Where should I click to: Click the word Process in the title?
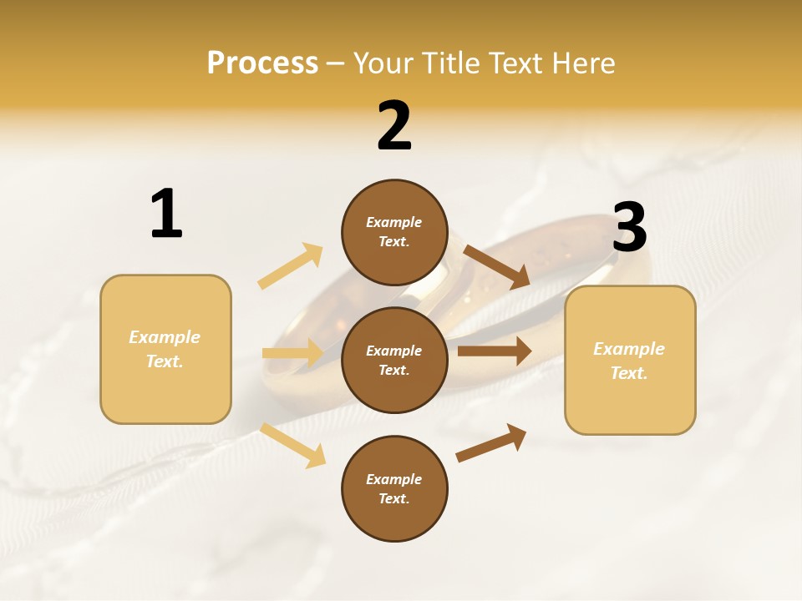(x=262, y=63)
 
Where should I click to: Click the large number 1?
(x=166, y=214)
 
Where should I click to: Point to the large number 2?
(x=394, y=126)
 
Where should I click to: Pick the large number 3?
(x=629, y=227)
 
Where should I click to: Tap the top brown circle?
(x=394, y=232)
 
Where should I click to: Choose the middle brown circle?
(x=394, y=360)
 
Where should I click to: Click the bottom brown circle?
(x=394, y=488)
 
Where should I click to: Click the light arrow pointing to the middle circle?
(x=292, y=353)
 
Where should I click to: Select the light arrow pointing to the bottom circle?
(x=293, y=445)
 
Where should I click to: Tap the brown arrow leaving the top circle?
(x=496, y=266)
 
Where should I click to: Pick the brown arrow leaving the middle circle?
(x=495, y=351)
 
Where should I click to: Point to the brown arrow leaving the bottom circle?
(x=491, y=443)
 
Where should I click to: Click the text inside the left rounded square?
(x=165, y=349)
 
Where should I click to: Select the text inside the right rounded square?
(x=629, y=361)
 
